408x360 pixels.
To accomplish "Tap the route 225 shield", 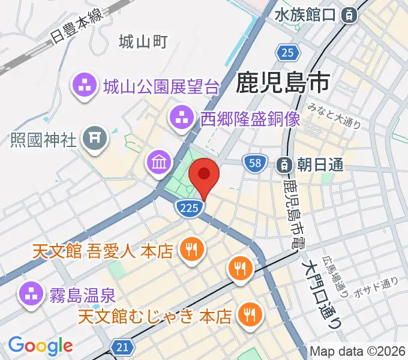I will click(187, 208).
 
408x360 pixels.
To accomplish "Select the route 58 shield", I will click(254, 162).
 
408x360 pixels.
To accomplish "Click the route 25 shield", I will click(288, 53).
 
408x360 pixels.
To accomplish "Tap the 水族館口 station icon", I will click(347, 16).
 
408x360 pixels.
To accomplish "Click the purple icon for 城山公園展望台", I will click(85, 87).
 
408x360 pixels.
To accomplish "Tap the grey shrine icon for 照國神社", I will click(94, 140).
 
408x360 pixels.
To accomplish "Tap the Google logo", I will click(41, 346).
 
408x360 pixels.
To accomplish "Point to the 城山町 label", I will click(143, 42).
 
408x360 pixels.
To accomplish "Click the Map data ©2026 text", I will click(358, 352).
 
